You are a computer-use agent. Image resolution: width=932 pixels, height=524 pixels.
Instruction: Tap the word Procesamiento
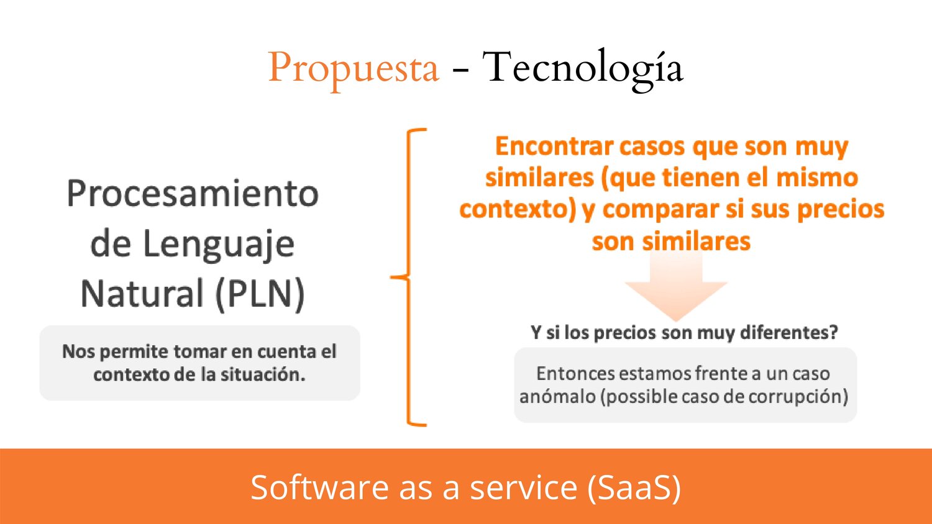[193, 193]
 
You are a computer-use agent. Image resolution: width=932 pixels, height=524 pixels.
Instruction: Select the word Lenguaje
[219, 245]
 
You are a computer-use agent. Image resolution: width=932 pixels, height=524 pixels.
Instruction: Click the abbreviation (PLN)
[260, 294]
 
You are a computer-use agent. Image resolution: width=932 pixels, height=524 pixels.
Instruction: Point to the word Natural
[142, 294]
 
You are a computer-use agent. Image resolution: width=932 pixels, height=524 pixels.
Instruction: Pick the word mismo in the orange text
[817, 178]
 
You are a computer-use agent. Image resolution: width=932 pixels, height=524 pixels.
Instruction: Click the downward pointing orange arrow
[676, 286]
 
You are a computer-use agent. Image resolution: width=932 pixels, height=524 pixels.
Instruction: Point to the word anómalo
[557, 396]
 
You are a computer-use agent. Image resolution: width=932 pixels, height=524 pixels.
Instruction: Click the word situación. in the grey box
[263, 375]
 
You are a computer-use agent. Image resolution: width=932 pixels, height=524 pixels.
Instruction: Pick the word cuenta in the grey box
[286, 352]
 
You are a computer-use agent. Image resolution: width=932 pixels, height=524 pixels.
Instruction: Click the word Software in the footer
[319, 487]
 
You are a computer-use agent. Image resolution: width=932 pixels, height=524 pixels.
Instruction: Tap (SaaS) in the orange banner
[634, 488]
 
